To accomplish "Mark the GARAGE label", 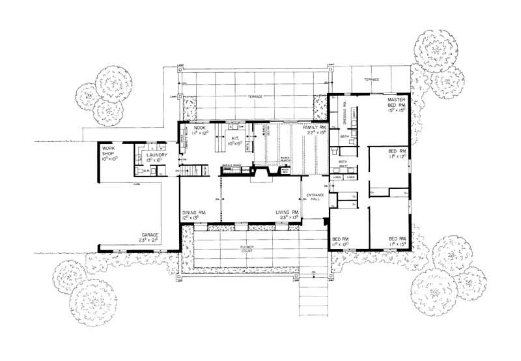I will pyautogui.click(x=150, y=234).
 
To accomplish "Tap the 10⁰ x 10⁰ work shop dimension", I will pyautogui.click(x=106, y=158).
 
